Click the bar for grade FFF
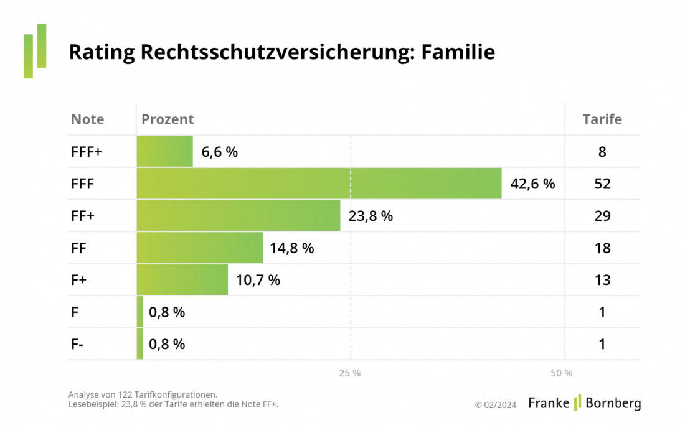tap(319, 184)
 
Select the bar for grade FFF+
tap(164, 152)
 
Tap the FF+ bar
tap(239, 216)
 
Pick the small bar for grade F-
tap(139, 344)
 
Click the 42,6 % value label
tap(532, 184)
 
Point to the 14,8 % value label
tap(291, 248)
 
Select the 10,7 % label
tap(258, 280)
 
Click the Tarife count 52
tap(602, 184)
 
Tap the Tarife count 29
tap(602, 216)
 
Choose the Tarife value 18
tap(602, 248)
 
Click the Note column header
tap(88, 119)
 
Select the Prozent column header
tap(168, 119)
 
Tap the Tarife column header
tap(602, 119)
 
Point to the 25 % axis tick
tap(350, 373)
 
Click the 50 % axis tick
tap(562, 373)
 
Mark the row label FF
tap(78, 248)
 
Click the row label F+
tap(79, 280)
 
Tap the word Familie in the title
tap(458, 52)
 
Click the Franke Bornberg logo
tap(584, 403)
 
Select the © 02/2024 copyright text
tap(496, 405)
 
